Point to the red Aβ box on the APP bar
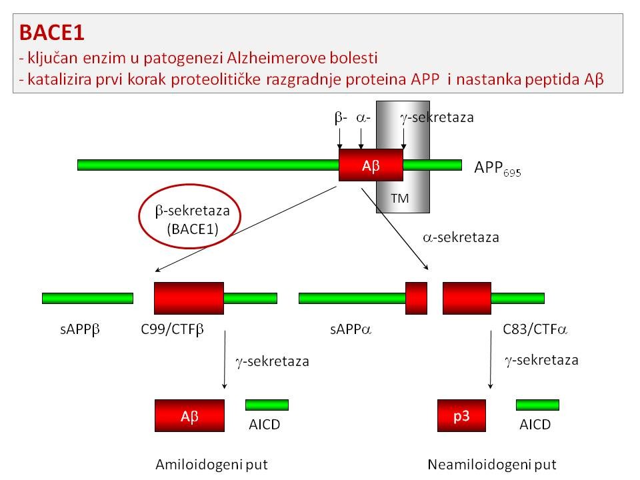pos(371,165)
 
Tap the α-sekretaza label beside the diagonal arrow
pos(461,237)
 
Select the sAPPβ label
pos(78,329)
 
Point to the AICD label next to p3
pos(536,425)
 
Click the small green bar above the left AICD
pos(267,405)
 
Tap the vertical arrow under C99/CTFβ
pos(225,360)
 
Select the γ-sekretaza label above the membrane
pos(437,117)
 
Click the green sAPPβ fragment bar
pos(87,298)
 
